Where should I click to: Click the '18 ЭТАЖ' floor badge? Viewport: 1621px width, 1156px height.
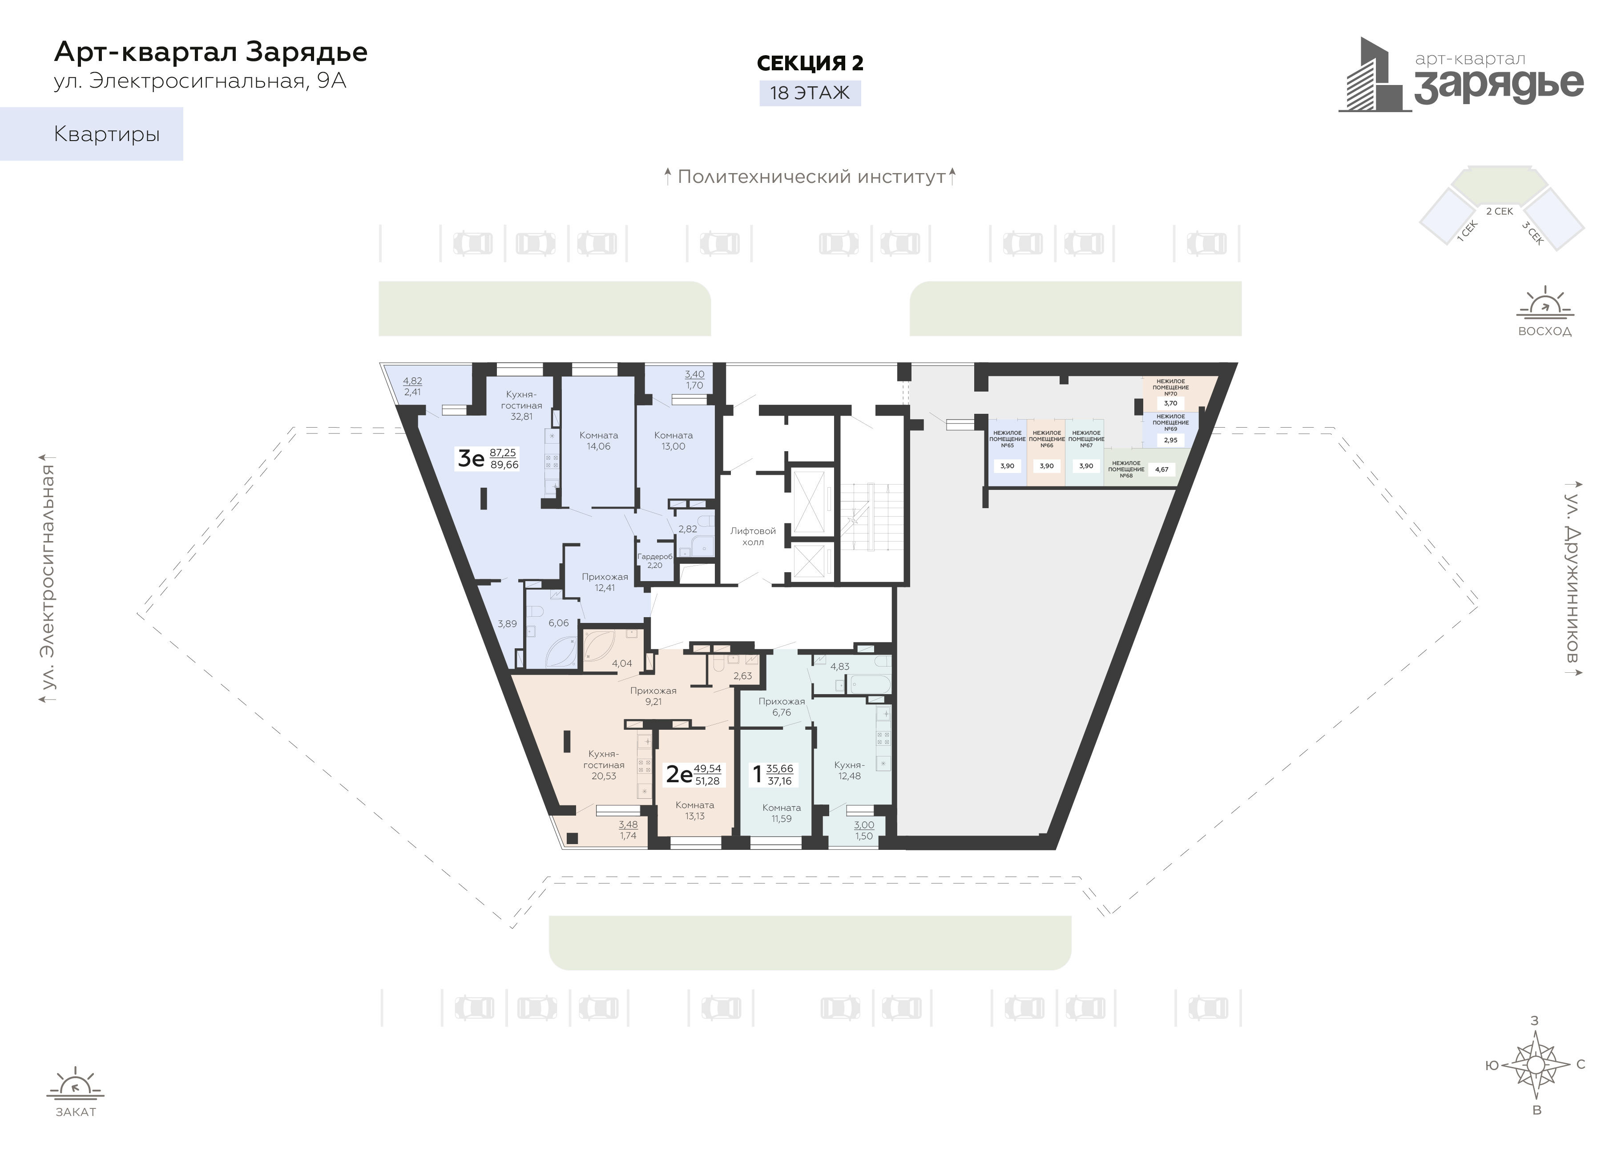810,93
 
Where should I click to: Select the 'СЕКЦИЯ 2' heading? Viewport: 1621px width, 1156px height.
810,63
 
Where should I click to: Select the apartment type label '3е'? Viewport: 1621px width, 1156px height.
470,458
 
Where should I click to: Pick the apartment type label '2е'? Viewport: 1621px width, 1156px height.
679,775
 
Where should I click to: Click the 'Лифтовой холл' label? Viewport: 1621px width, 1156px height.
753,536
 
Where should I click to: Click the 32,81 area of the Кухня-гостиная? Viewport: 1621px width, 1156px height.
522,417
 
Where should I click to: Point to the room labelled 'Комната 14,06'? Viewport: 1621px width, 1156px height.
598,441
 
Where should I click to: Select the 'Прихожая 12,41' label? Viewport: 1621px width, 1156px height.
605,582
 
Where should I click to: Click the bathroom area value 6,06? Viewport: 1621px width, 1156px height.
559,623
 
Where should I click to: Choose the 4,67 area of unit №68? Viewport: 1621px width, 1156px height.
1161,470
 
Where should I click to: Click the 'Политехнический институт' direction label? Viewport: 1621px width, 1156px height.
811,177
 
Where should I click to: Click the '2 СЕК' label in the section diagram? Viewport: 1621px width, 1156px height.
1499,211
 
